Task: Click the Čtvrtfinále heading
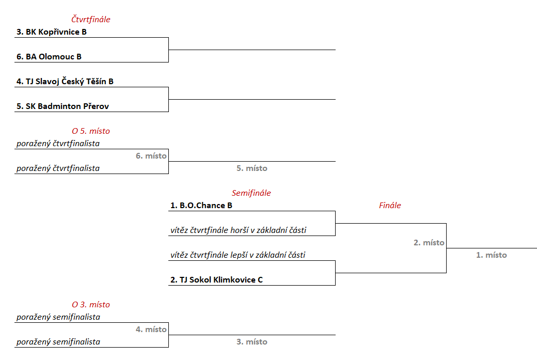91,20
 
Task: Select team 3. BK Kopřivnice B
52,32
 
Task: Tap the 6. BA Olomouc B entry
49,57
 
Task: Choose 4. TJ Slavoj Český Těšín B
65,82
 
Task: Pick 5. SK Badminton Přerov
62,106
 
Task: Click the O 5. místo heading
91,131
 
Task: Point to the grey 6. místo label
151,155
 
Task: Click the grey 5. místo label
252,168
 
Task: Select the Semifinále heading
251,193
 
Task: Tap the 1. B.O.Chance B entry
201,206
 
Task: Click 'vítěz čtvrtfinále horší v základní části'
238,230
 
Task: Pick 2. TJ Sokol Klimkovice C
216,280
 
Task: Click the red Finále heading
390,206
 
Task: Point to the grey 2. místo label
429,243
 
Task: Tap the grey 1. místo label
492,255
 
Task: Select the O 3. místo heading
91,305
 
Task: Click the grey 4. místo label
151,329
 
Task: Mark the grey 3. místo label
252,342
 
